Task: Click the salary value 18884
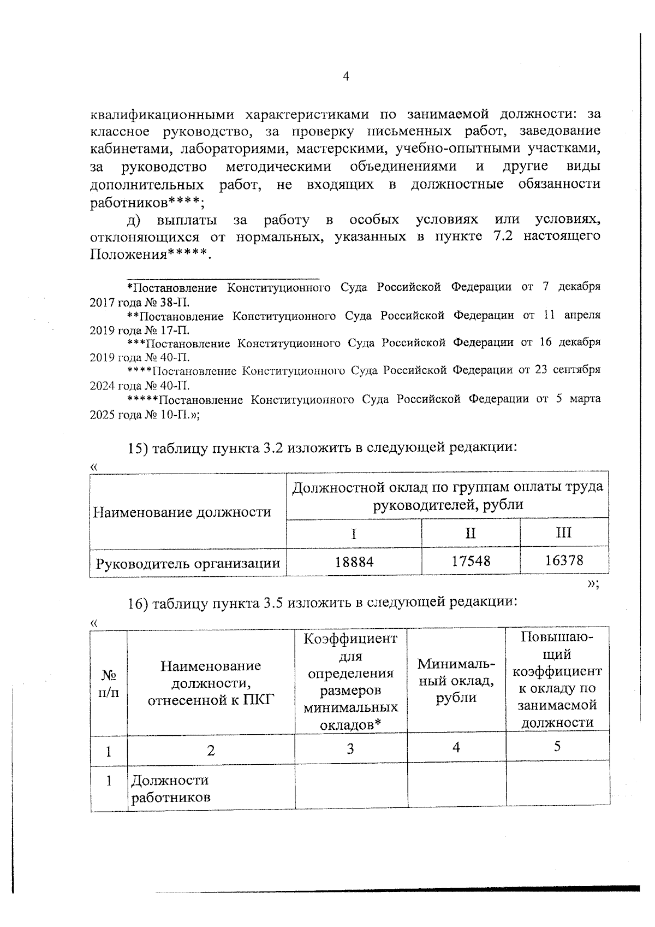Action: click(354, 562)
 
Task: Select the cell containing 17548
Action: click(471, 561)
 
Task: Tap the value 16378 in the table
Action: click(564, 560)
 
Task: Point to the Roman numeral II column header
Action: click(471, 533)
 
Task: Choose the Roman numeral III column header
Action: click(564, 532)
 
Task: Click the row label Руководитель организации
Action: click(188, 563)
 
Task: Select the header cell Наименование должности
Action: click(182, 512)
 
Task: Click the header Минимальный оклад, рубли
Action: click(456, 681)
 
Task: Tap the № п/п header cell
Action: click(109, 683)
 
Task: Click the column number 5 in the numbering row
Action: click(557, 747)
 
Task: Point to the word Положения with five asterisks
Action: click(147, 255)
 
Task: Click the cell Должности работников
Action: click(170, 788)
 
